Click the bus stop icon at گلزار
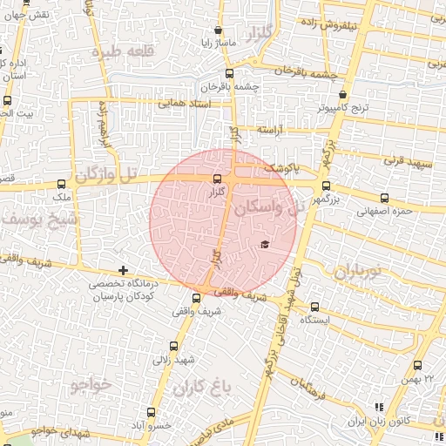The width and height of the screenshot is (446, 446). tap(217, 179)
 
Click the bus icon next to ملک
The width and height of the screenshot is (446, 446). tap(61, 184)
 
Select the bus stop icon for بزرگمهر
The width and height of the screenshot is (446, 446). tap(326, 185)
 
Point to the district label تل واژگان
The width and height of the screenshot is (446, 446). tap(106, 175)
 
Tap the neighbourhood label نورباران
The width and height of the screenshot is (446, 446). tap(357, 272)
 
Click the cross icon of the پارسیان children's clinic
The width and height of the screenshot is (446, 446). tap(123, 271)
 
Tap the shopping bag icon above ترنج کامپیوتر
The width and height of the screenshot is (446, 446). tap(343, 95)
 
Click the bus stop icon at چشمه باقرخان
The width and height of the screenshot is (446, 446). tap(229, 74)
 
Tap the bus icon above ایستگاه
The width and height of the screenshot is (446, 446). tap(315, 307)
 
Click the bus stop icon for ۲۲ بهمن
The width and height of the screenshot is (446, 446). tap(417, 366)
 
